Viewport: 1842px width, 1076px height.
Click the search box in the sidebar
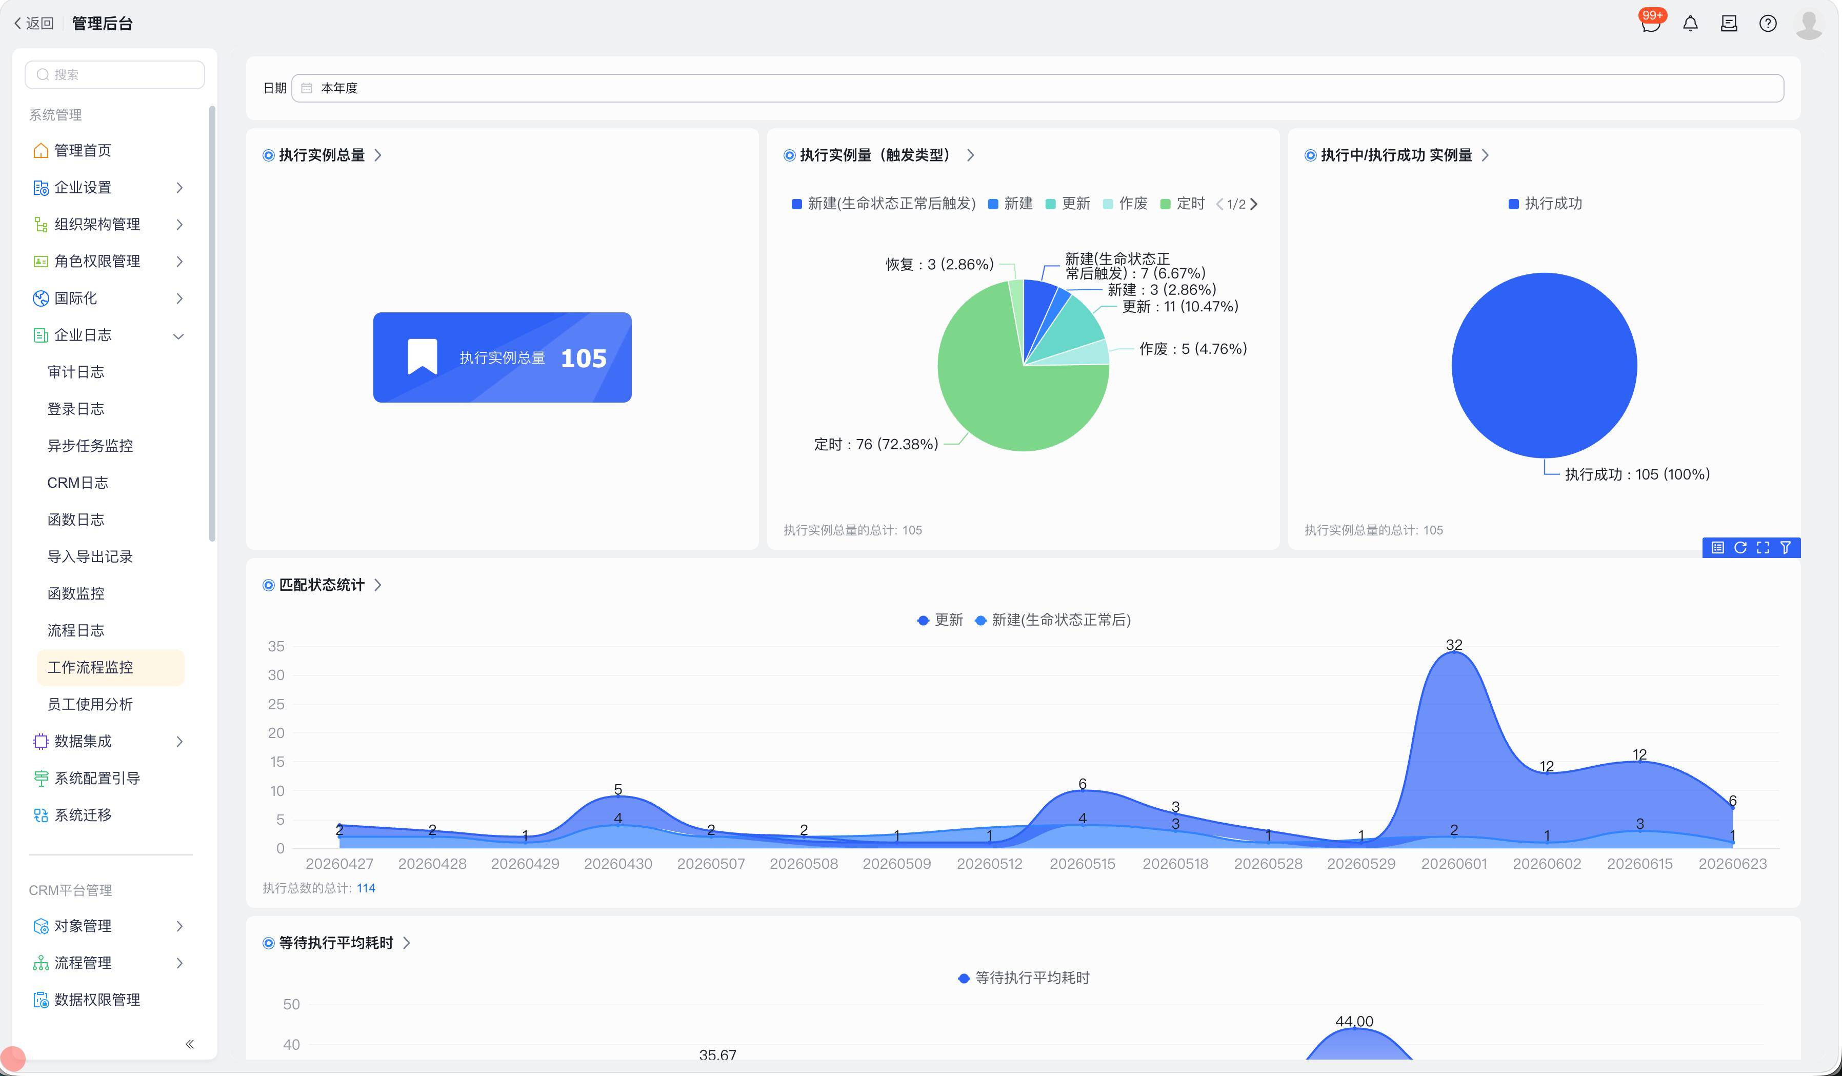115,74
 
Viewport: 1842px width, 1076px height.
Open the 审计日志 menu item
76,372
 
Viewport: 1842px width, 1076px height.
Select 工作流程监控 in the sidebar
91,667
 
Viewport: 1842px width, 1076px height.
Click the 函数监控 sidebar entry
76,593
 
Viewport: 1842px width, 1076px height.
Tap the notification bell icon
1690,24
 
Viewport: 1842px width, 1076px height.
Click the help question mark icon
1768,24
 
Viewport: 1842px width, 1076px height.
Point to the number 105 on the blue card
583,358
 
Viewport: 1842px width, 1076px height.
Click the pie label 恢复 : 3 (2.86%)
939,264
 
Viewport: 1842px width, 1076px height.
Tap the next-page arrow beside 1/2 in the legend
1254,204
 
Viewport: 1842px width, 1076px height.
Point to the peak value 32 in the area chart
1454,645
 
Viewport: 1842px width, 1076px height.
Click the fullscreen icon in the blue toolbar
1763,548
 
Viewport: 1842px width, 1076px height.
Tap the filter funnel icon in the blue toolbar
1786,548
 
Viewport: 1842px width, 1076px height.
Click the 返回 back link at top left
34,24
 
